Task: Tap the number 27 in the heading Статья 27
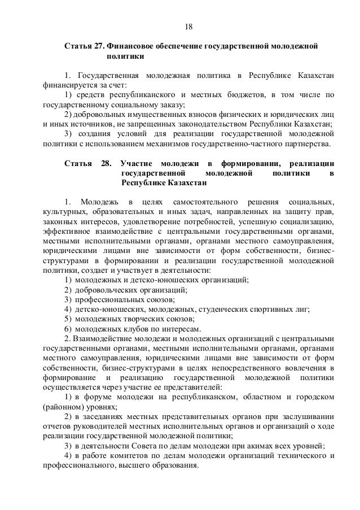pyautogui.click(x=96, y=45)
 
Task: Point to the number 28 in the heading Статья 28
pyautogui.click(x=106, y=163)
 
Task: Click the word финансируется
pyautogui.click(x=63, y=86)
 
